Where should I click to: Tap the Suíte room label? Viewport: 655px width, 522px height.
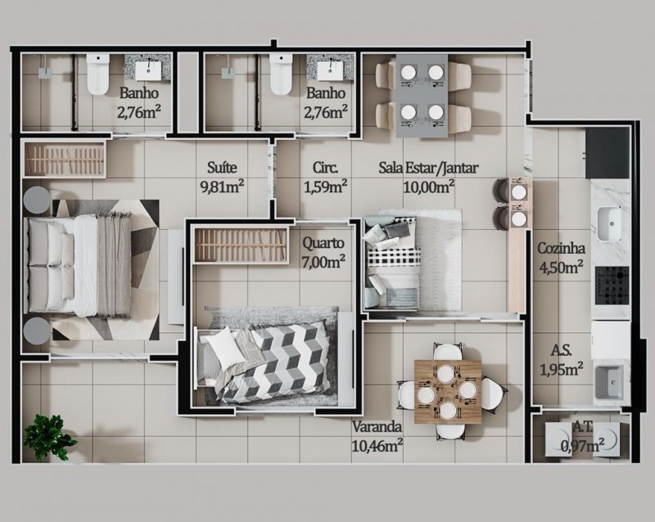[222, 168]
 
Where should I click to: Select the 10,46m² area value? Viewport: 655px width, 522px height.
[377, 446]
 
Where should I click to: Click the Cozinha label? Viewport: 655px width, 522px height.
[561, 248]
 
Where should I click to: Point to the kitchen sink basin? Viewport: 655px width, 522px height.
[608, 224]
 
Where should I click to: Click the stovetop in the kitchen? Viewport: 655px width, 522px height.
[612, 286]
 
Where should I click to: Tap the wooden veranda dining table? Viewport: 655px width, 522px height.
[447, 392]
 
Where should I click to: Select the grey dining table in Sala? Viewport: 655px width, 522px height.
[422, 95]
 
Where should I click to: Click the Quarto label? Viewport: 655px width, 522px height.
[323, 244]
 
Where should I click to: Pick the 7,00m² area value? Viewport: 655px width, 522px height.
[323, 262]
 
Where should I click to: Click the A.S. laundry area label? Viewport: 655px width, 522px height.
[561, 350]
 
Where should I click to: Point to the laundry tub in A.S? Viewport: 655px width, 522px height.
[609, 382]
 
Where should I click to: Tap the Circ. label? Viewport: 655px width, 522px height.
[325, 168]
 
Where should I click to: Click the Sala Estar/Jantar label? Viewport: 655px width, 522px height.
[428, 168]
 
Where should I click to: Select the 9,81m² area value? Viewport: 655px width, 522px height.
[222, 187]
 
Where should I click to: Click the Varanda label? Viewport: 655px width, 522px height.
[377, 427]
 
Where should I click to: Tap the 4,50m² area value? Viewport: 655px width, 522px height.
[561, 267]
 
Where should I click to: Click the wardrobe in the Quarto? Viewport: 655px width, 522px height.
[242, 245]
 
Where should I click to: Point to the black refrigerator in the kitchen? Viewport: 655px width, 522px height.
[608, 153]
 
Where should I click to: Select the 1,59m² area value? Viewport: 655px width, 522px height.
[325, 187]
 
